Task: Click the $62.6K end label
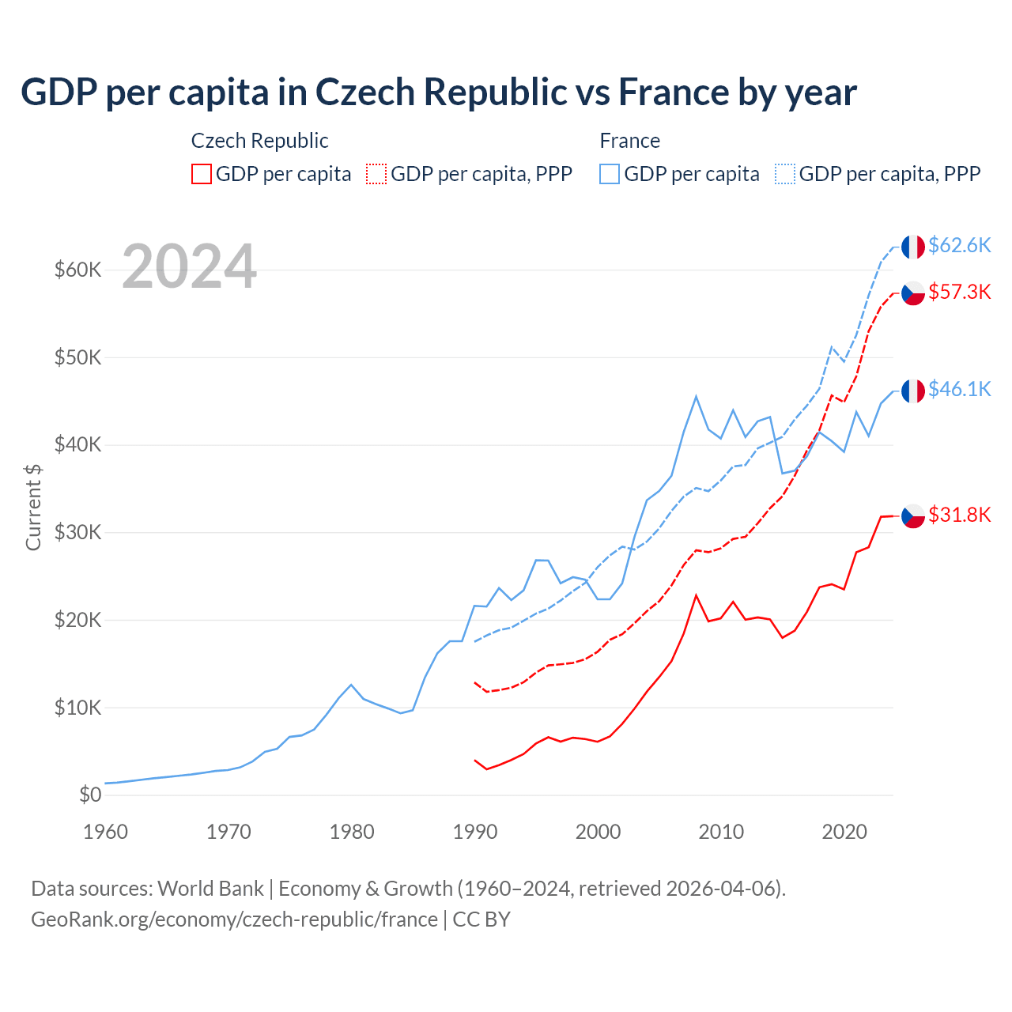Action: (x=959, y=245)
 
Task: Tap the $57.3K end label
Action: (x=959, y=292)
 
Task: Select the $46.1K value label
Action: (x=959, y=389)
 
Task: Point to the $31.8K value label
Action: (x=959, y=515)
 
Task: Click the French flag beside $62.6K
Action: (x=913, y=247)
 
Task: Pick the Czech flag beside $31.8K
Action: (x=913, y=515)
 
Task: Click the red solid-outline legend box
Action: (x=202, y=174)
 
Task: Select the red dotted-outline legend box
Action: (x=376, y=174)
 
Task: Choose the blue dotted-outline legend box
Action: (x=785, y=174)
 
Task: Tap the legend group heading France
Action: (x=629, y=141)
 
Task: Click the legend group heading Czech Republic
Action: (x=259, y=141)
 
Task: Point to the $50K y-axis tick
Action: (x=78, y=357)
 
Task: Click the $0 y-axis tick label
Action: (x=90, y=795)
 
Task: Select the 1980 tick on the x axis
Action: (x=352, y=832)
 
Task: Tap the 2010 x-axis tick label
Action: (x=721, y=832)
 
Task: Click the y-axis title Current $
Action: (x=33, y=507)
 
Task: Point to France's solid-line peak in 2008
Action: (x=696, y=396)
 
